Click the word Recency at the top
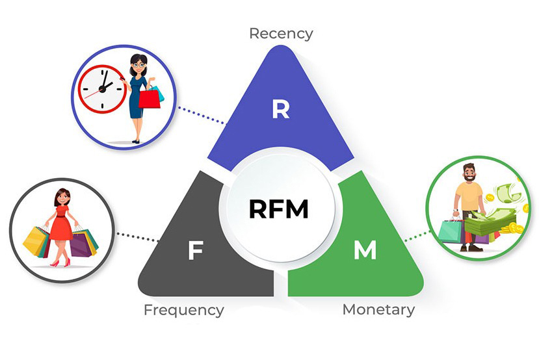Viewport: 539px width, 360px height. pyautogui.click(x=281, y=32)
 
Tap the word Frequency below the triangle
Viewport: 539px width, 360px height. pyautogui.click(x=183, y=309)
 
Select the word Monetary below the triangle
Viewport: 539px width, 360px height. pyautogui.click(x=378, y=309)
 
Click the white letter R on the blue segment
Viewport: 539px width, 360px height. pyautogui.click(x=280, y=109)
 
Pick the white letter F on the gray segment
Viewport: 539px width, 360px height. pyautogui.click(x=194, y=251)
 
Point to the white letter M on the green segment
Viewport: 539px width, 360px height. pyautogui.click(x=365, y=251)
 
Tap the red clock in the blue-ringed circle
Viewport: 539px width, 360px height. pyautogui.click(x=102, y=88)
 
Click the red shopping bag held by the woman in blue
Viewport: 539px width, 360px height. pyautogui.click(x=149, y=98)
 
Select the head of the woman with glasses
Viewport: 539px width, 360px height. pyautogui.click(x=138, y=64)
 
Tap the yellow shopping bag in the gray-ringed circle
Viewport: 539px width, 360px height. pyautogui.click(x=36, y=240)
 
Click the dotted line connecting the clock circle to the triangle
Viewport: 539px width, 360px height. pyautogui.click(x=201, y=115)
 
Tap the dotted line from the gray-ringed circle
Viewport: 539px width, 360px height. pyautogui.click(x=136, y=237)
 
